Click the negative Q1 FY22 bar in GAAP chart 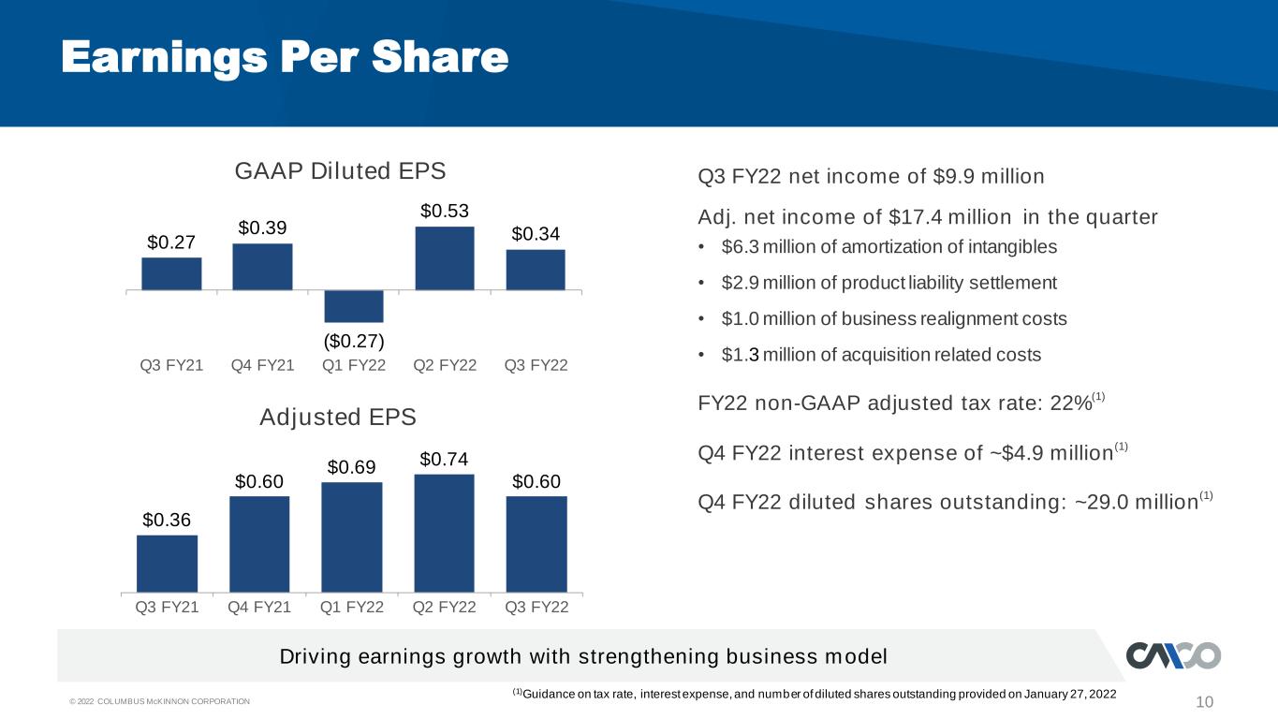click(x=354, y=306)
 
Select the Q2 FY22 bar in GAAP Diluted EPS click(x=445, y=258)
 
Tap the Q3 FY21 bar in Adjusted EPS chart click(x=168, y=564)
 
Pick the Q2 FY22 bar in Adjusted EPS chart click(x=444, y=534)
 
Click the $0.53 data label click(x=445, y=212)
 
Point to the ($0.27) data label click(x=354, y=341)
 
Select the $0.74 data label click(x=444, y=460)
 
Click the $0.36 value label click(x=167, y=520)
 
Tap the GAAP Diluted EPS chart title click(x=340, y=171)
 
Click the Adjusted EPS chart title click(x=338, y=418)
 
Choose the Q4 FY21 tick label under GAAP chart click(x=262, y=365)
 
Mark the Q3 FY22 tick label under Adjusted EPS click(x=536, y=607)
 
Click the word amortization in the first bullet click(x=891, y=247)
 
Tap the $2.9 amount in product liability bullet click(x=740, y=283)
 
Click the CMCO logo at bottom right click(x=1173, y=655)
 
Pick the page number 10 click(x=1204, y=702)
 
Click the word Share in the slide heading click(x=440, y=58)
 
